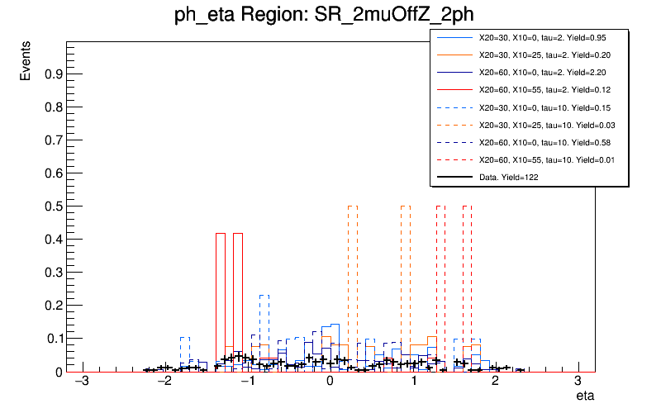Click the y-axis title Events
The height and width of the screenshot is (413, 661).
pos(26,63)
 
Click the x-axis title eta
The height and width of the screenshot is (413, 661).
pos(585,397)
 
